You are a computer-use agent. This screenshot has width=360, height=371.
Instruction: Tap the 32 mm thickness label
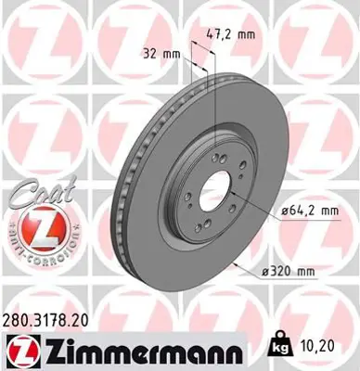159,53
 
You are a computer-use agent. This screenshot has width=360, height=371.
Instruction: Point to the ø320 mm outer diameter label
294,272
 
